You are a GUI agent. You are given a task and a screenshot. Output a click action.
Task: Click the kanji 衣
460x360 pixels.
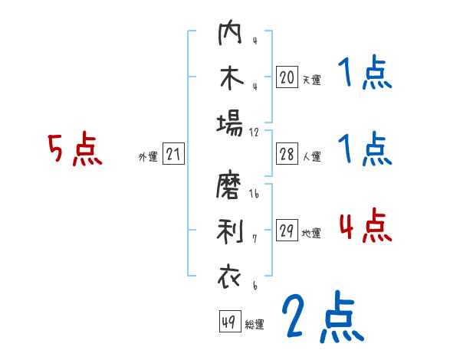[229, 277]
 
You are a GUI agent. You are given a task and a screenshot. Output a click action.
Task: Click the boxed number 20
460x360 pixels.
[287, 77]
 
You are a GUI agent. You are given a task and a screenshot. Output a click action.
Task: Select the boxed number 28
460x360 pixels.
[287, 154]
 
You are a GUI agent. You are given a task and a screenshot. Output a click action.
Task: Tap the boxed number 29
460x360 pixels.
[287, 231]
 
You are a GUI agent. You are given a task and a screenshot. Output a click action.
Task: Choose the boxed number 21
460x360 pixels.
[173, 155]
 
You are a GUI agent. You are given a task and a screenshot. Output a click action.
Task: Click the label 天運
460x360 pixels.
[311, 79]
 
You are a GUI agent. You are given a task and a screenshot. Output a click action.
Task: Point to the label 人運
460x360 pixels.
[311, 156]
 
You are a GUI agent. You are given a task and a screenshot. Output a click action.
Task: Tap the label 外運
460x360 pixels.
[148, 157]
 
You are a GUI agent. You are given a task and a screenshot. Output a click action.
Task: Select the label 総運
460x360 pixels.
[255, 324]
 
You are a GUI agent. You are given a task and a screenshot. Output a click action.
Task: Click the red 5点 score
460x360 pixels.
[74, 149]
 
